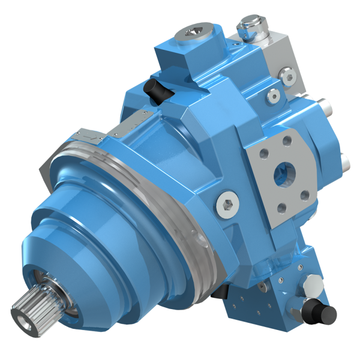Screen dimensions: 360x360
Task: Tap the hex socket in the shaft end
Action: click(24, 314)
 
